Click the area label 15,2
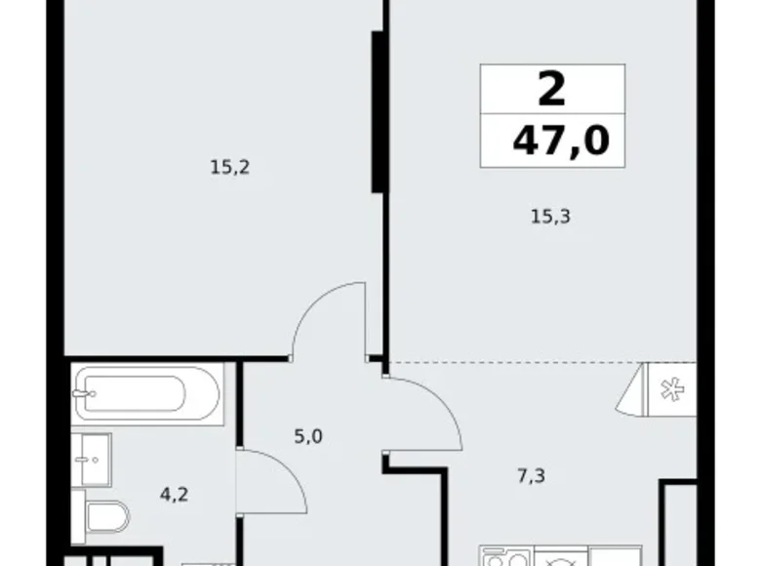(230, 167)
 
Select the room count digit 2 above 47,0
(552, 90)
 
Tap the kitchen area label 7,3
(531, 477)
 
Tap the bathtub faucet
(86, 394)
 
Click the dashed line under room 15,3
(517, 363)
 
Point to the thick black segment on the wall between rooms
(376, 112)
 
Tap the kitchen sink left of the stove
(504, 559)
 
